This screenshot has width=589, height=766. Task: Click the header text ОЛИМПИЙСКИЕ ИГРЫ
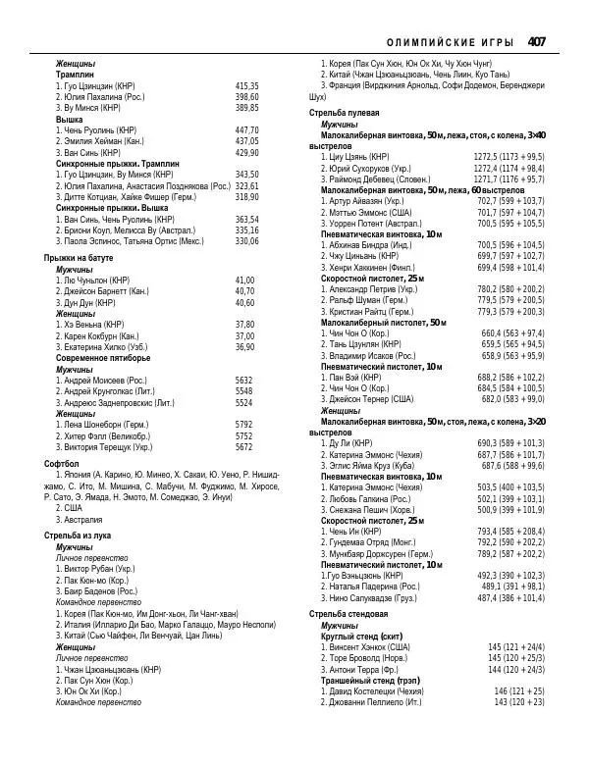point(452,42)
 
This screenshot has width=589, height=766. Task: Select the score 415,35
point(247,86)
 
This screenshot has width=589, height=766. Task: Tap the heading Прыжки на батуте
point(79,257)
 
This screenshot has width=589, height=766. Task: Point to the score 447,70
point(247,129)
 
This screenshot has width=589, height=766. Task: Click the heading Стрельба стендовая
point(348,613)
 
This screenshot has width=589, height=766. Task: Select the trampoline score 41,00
point(244,280)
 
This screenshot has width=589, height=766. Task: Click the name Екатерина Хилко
point(103,346)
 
